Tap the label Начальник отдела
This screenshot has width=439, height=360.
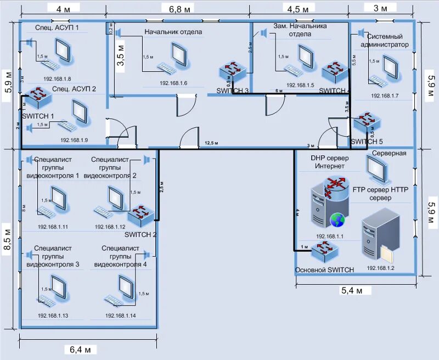pyautogui.click(x=173, y=32)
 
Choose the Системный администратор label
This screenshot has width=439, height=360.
pyautogui.click(x=385, y=40)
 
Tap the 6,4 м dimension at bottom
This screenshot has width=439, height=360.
pyautogui.click(x=83, y=349)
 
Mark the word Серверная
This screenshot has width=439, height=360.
pyautogui.click(x=389, y=153)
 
